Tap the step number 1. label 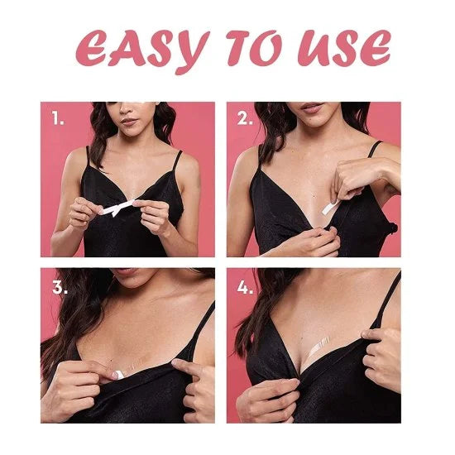pyautogui.click(x=58, y=118)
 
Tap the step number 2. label pyautogui.click(x=246, y=118)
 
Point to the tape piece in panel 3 pyautogui.click(x=120, y=374)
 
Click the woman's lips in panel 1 pyautogui.click(x=129, y=122)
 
